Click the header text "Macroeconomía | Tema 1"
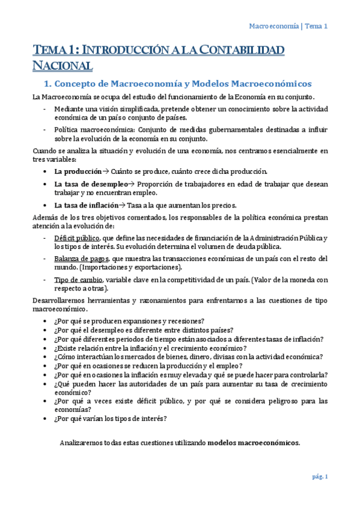pyautogui.click(x=288, y=26)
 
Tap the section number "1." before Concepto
pyautogui.click(x=59, y=84)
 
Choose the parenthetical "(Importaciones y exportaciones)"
pyautogui.click(x=139, y=267)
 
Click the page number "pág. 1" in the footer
pyautogui.click(x=319, y=477)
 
